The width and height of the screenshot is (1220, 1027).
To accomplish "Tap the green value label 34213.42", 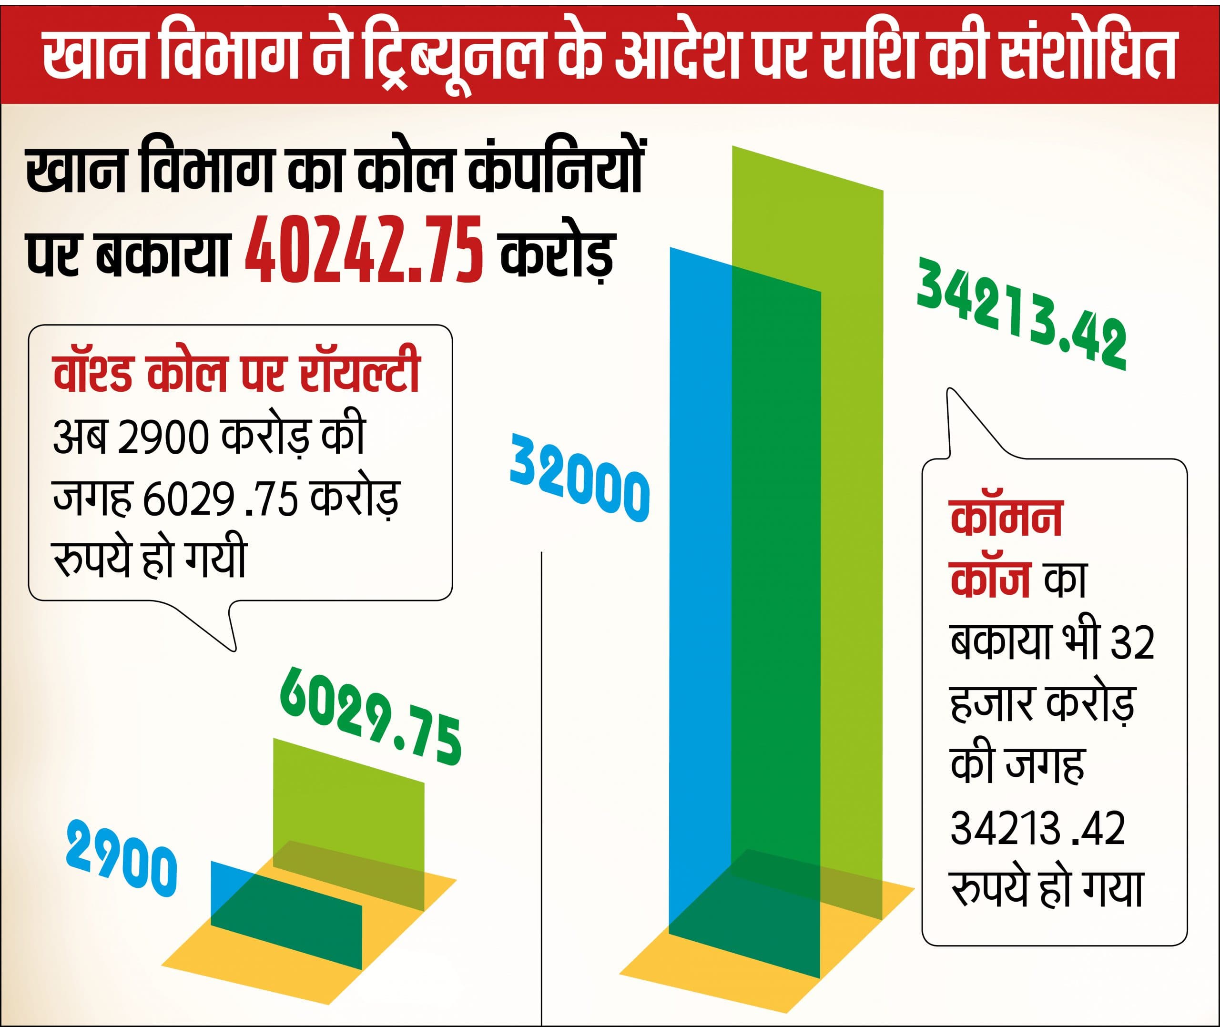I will click(1022, 314).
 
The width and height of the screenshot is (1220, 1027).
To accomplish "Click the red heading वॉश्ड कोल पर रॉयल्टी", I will click(236, 373).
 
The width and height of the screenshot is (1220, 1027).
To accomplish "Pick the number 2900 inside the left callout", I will click(163, 438).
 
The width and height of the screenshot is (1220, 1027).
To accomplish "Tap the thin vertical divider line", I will click(542, 757).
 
